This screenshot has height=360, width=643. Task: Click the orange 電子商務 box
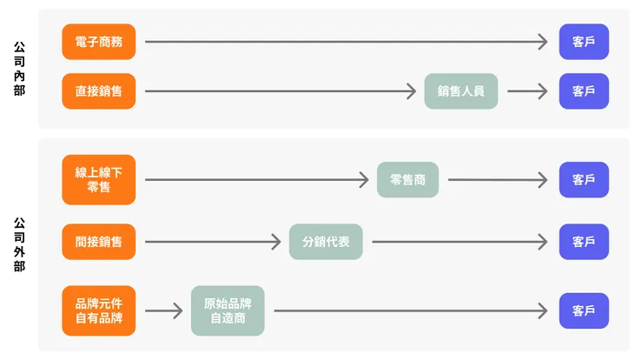click(x=99, y=42)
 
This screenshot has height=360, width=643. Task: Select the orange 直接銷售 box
click(x=99, y=91)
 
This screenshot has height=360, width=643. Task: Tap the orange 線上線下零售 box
click(x=99, y=180)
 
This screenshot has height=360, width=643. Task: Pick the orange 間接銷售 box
click(x=99, y=242)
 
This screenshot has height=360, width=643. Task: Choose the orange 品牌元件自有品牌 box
click(x=99, y=310)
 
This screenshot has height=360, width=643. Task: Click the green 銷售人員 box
click(x=461, y=91)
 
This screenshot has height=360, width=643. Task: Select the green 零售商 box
click(x=408, y=180)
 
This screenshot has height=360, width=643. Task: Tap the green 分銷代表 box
click(x=326, y=242)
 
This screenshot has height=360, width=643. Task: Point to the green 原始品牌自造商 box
click(x=228, y=310)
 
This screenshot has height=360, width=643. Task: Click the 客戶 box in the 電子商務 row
click(x=584, y=42)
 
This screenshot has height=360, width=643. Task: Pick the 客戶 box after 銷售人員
click(x=584, y=91)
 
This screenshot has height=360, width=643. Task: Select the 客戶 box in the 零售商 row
click(x=584, y=180)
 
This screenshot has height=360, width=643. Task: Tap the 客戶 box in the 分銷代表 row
click(x=584, y=242)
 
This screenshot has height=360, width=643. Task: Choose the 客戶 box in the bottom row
click(x=584, y=310)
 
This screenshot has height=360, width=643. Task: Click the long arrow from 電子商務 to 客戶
click(x=348, y=42)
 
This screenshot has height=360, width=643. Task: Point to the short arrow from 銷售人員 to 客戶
click(x=528, y=91)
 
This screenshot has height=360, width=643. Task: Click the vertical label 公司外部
click(x=20, y=245)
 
